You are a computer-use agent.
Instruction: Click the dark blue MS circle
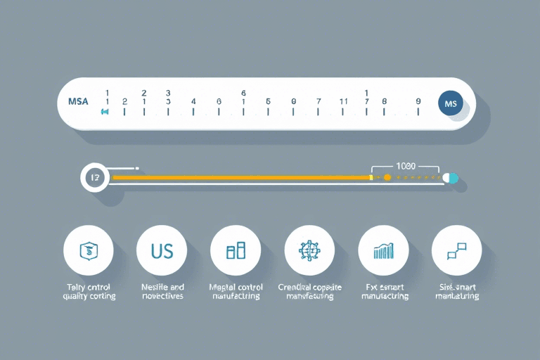tap(451, 103)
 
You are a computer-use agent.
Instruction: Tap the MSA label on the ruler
tap(78, 102)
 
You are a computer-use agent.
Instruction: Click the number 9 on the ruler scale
tap(418, 101)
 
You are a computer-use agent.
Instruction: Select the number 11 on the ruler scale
tap(344, 101)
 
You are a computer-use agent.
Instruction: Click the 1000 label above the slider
tap(406, 166)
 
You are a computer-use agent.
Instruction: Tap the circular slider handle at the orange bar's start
tap(94, 178)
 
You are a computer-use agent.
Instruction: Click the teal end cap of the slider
tap(451, 178)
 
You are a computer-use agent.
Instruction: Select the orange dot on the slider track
tap(387, 178)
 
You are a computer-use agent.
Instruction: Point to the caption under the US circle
tap(162, 292)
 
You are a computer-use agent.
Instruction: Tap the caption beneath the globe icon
tap(309, 292)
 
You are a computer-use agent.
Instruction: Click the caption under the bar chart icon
tap(384, 292)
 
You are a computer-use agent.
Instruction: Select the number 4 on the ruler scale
tap(193, 101)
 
